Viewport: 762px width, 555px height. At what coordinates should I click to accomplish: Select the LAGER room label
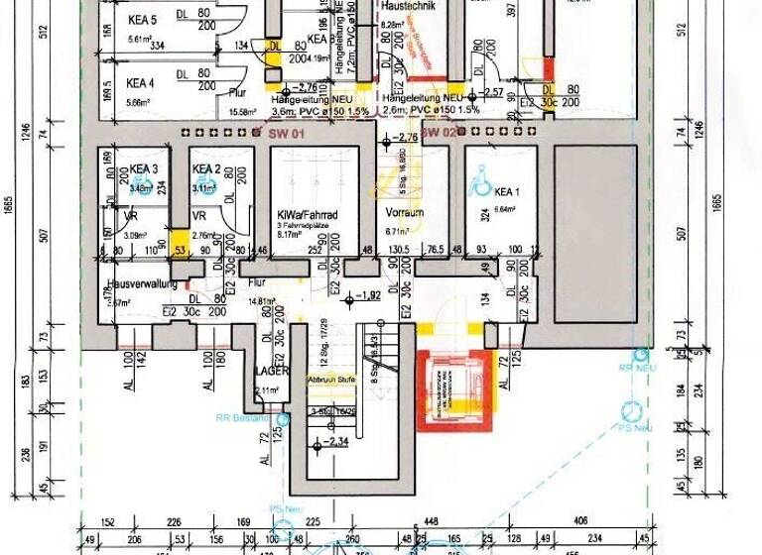pos(271,371)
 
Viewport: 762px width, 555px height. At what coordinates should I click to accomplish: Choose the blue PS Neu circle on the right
pos(629,410)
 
